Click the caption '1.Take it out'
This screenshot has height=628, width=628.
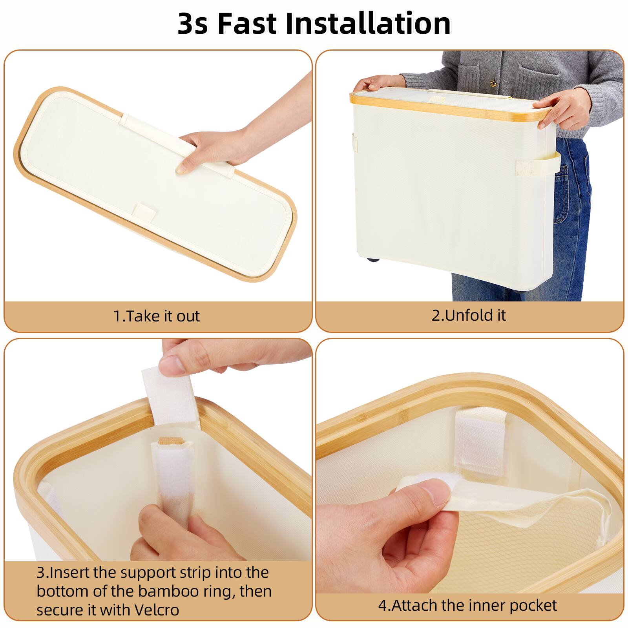coord(157,316)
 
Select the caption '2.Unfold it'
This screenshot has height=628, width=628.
coord(469,315)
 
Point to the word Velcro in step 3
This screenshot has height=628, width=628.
coord(157,610)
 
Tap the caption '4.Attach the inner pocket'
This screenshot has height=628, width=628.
coord(467,605)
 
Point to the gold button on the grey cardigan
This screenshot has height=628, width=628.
coord(492,83)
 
